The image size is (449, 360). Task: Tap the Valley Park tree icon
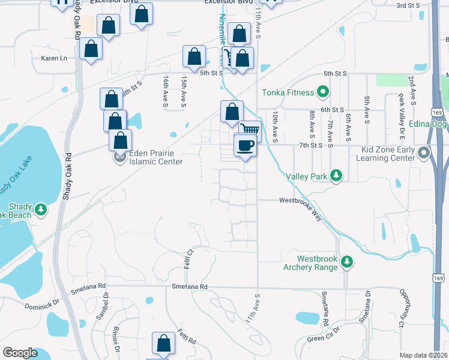pyautogui.click(x=337, y=175)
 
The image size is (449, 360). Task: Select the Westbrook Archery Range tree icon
pyautogui.click(x=346, y=262)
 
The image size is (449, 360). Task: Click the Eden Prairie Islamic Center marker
pyautogui.click(x=119, y=158)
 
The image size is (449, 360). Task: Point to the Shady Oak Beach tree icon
pyautogui.click(x=41, y=209)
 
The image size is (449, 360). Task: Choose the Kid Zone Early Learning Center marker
pyautogui.click(x=424, y=152)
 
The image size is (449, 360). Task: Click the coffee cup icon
pyautogui.click(x=246, y=145)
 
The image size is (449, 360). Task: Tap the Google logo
pyautogui.click(x=20, y=353)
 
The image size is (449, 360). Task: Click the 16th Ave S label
pyautogui.click(x=164, y=92)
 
